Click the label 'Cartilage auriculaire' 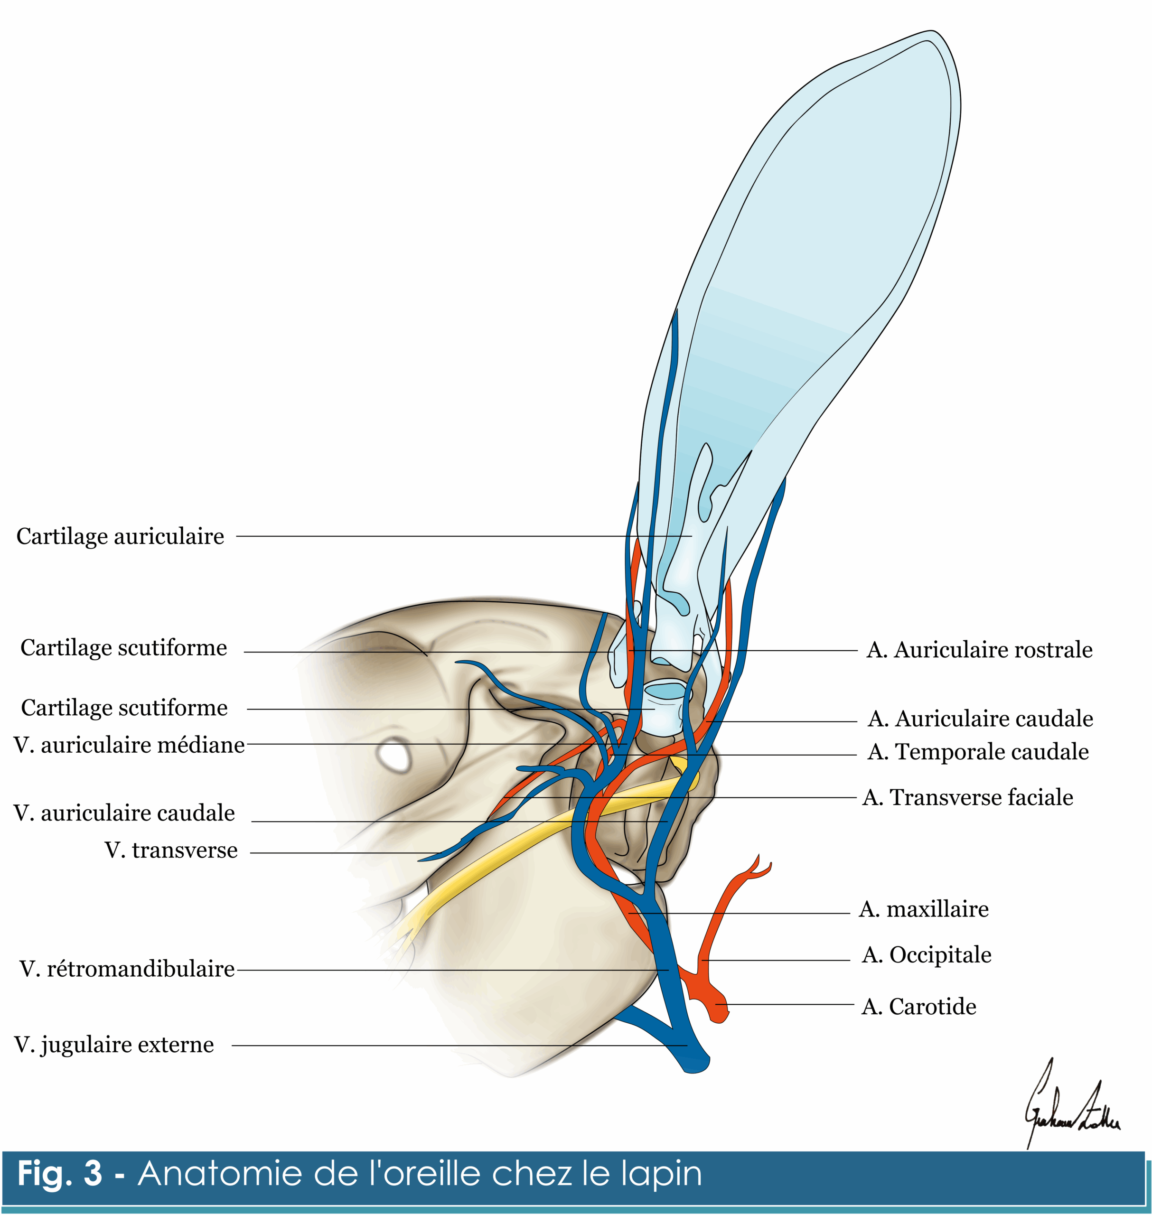click(x=121, y=536)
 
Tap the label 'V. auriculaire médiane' click(x=129, y=745)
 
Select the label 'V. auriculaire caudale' click(x=124, y=813)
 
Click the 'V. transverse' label click(x=171, y=850)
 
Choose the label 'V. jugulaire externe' click(x=114, y=1044)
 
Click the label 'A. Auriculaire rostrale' click(x=979, y=650)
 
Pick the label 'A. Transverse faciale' click(x=968, y=797)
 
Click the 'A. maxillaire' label click(x=924, y=909)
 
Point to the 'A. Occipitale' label click(x=926, y=955)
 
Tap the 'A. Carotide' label click(x=918, y=1006)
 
